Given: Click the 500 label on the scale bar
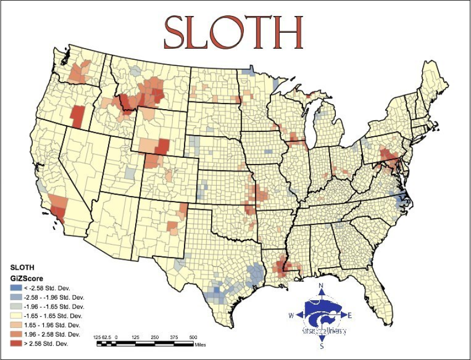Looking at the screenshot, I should [x=193, y=337].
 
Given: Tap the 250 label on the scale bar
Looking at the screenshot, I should [x=155, y=337].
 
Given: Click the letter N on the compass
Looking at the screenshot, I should [x=321, y=286].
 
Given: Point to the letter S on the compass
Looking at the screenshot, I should [x=321, y=347].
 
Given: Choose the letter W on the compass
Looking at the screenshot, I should [x=291, y=316].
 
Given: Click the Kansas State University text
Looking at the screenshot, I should [x=324, y=331].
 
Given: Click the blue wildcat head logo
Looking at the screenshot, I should [x=323, y=314].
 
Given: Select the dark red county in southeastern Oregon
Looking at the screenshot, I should [x=78, y=116].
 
